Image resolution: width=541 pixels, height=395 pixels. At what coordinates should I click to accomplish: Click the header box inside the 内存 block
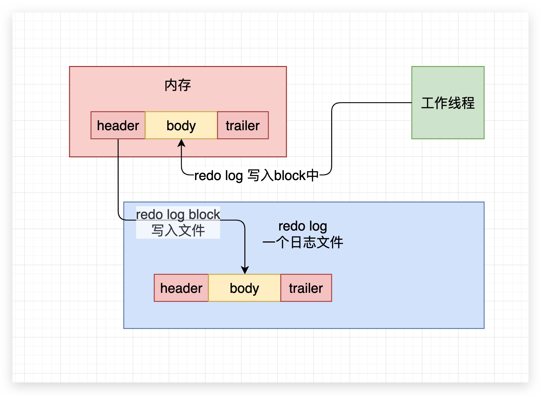[x=118, y=126]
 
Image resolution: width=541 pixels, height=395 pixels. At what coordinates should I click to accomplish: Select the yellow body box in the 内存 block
[x=181, y=126]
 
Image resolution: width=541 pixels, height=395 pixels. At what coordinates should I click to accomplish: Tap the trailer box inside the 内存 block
[x=243, y=126]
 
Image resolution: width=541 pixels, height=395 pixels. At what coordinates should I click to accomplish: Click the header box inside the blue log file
[x=181, y=288]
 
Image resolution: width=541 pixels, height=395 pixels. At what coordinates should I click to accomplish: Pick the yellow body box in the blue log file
[x=244, y=288]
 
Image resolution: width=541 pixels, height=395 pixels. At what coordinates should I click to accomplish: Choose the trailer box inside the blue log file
[x=306, y=288]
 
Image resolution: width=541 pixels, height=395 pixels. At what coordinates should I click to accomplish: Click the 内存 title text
[x=178, y=85]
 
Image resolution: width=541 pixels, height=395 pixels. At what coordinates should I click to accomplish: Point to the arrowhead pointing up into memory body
[x=181, y=143]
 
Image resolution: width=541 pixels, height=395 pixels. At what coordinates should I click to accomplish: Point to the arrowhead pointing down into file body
[x=245, y=270]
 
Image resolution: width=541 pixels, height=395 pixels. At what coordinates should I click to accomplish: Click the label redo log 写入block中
[x=256, y=176]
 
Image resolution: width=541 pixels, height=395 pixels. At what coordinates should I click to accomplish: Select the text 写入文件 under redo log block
[x=178, y=231]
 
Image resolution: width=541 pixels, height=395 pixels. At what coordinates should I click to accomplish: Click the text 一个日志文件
[x=303, y=242]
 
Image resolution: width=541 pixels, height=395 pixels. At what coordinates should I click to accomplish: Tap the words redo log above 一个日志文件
[x=303, y=226]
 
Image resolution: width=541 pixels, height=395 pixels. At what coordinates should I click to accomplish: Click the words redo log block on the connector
[x=178, y=214]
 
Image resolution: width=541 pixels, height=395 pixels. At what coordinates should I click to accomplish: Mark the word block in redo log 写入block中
[x=290, y=176]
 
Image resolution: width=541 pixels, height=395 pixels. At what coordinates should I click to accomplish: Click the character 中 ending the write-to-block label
[x=313, y=175]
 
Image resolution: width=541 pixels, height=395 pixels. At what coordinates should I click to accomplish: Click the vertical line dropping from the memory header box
[x=118, y=178]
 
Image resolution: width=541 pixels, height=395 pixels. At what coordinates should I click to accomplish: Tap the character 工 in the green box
[x=428, y=103]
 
